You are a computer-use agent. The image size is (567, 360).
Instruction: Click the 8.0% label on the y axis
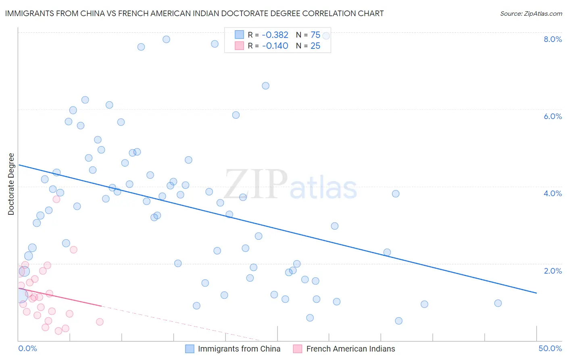click(552, 39)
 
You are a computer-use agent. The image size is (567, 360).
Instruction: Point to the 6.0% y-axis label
click(552, 116)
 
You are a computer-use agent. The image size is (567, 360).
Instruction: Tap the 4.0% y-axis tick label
click(552, 193)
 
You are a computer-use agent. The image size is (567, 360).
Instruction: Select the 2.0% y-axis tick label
click(552, 271)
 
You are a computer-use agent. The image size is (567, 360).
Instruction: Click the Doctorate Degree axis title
click(11, 184)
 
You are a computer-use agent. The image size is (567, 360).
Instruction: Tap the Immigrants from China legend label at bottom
click(239, 349)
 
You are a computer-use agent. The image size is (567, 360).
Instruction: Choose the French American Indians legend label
click(350, 349)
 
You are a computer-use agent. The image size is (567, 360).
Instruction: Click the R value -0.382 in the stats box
click(275, 35)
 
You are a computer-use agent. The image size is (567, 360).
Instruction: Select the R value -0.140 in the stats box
click(275, 46)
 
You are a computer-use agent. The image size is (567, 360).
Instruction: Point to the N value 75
click(315, 35)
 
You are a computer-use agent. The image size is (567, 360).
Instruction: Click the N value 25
click(315, 46)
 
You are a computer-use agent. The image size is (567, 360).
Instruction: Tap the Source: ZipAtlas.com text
click(531, 14)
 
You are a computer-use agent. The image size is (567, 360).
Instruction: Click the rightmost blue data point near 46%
click(498, 303)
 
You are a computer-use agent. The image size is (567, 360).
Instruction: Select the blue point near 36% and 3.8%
click(396, 194)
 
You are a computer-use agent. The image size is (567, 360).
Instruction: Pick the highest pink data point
click(56, 199)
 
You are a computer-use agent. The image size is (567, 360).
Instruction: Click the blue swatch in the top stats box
click(240, 35)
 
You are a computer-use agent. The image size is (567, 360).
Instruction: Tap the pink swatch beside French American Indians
click(298, 349)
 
